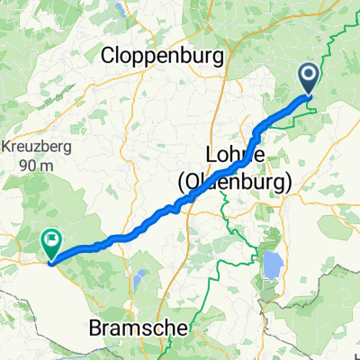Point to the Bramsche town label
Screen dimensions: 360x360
click(138, 329)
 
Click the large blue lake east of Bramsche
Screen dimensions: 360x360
click(269, 266)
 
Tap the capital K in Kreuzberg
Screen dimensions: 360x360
click(3, 146)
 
